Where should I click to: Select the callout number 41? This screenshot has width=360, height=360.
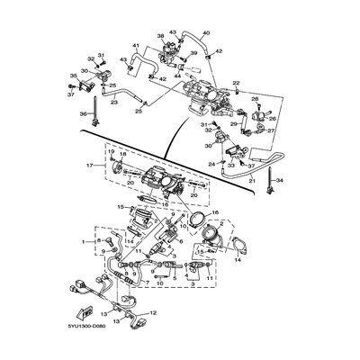137,46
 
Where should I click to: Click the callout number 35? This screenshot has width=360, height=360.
74,76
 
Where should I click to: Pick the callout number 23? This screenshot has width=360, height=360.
113,103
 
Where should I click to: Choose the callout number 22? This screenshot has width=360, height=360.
236,83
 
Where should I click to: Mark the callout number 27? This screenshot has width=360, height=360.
271,130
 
